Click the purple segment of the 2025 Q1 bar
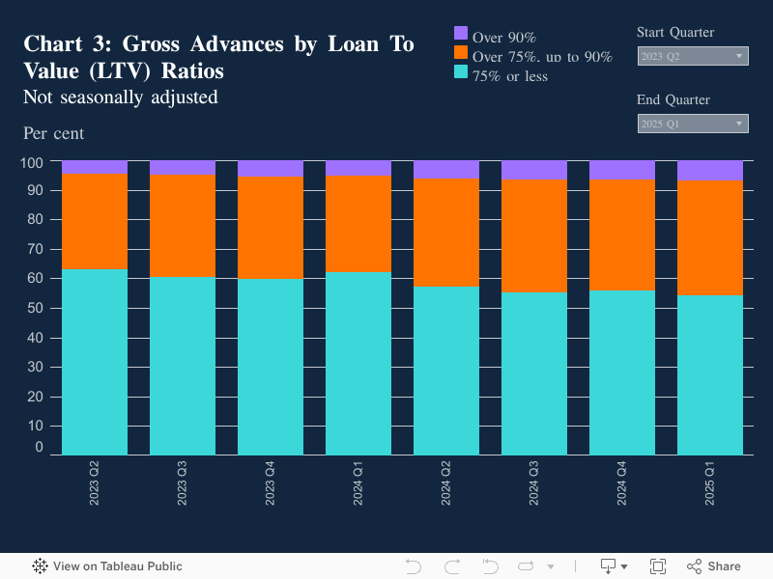[x=709, y=171]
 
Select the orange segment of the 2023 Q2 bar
[x=95, y=221]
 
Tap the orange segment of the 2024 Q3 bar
[x=533, y=235]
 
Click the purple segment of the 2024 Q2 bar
[x=445, y=170]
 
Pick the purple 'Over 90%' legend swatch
[x=461, y=33]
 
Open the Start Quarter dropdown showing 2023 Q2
[x=693, y=56]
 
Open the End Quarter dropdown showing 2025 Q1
[x=693, y=124]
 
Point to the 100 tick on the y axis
[x=33, y=162]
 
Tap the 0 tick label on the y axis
[x=40, y=448]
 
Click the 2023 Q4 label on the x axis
[x=271, y=482]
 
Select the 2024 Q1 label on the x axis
[x=358, y=482]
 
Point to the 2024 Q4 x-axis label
[x=622, y=482]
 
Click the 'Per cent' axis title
[x=54, y=133]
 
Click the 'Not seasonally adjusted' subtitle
[x=120, y=97]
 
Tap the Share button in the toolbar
[x=714, y=566]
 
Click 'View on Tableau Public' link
[x=107, y=566]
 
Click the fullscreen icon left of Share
[x=658, y=566]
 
